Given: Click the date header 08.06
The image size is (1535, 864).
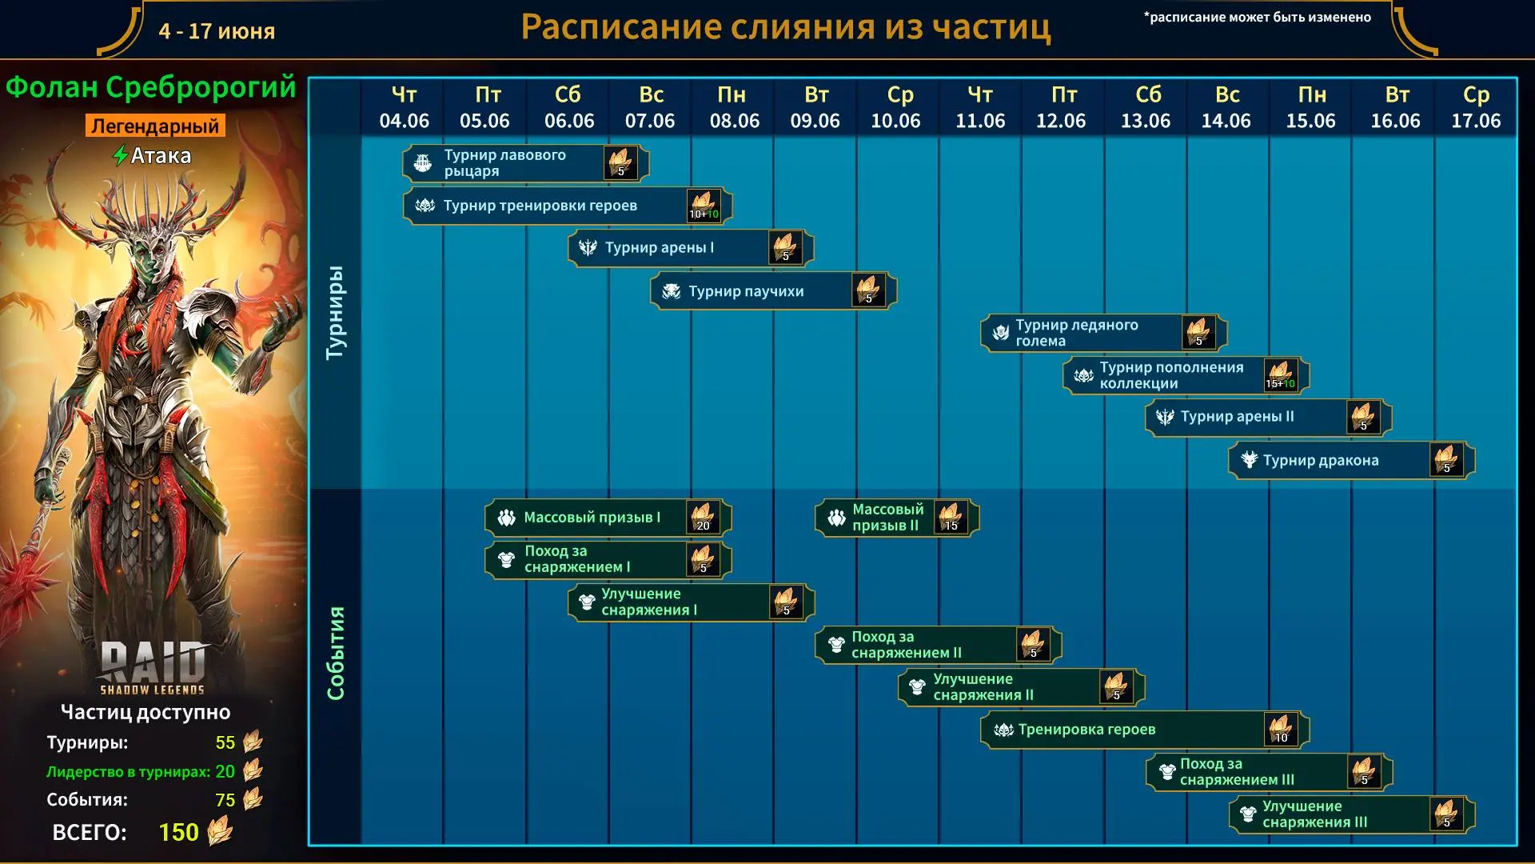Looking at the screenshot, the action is coord(734,121).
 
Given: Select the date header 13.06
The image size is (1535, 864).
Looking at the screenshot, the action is coord(1145,121).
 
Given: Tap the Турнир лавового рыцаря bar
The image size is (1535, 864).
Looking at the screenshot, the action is coord(525,163).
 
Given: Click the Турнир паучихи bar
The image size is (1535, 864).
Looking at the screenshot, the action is coord(773,291).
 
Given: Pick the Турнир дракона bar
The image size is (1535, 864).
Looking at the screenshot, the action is coord(1351,460).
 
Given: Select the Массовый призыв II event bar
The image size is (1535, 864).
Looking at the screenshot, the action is coord(897,518).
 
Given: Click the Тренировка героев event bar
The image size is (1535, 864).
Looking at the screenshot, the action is coord(1145,730).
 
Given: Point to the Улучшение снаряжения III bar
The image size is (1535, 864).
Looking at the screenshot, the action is coord(1351,814).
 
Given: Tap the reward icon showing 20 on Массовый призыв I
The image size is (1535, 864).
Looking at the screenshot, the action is coord(703,518).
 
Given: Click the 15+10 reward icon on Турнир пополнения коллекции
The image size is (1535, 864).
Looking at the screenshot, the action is coord(1280,375).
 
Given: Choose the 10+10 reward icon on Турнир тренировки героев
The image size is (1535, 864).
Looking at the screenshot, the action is coord(704,206).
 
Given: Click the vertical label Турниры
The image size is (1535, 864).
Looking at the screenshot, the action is coord(336,312).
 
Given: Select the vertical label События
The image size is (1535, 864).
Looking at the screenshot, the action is coord(336,653).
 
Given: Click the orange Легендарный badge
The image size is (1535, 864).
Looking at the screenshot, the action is coord(155,126).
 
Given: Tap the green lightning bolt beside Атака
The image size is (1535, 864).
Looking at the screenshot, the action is coord(121,155).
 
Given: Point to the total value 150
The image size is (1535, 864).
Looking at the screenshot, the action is coord(178,832).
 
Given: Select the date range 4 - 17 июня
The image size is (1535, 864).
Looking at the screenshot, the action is coord(217,31).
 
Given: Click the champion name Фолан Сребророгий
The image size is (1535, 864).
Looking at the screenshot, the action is coord(151,87).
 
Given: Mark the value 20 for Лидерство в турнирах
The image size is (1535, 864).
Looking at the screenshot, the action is coord(225,771).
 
